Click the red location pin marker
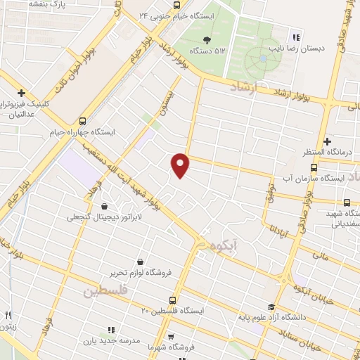coord(181,165)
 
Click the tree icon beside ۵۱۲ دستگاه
coord(207,39)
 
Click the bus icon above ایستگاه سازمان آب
coord(314,167)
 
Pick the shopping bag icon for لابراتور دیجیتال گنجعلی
coord(105,207)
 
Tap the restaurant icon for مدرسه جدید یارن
coord(110,329)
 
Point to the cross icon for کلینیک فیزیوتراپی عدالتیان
coord(22,93)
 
